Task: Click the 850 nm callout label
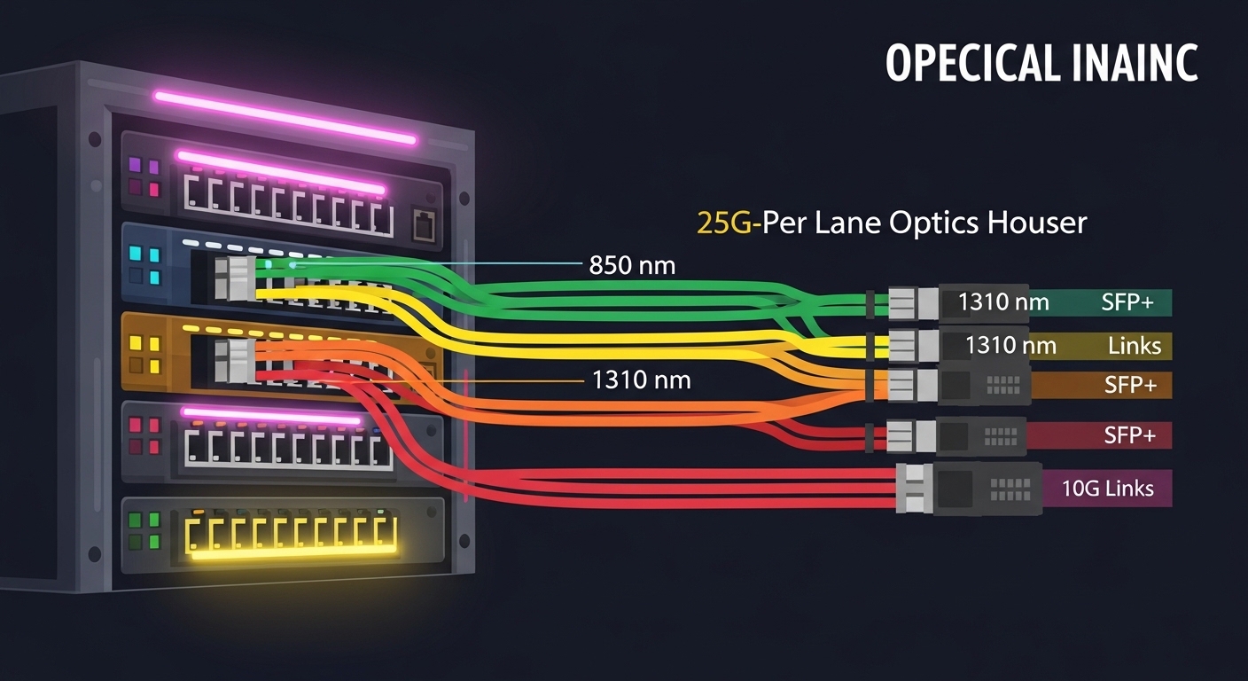[x=632, y=264]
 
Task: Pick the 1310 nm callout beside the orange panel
[x=640, y=381]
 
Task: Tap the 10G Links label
[x=1108, y=488]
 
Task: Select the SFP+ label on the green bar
[x=1127, y=302]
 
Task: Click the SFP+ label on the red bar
[x=1129, y=435]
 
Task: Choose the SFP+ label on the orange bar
[x=1129, y=385]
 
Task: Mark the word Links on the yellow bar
[x=1134, y=345]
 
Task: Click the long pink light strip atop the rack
[x=285, y=116]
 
